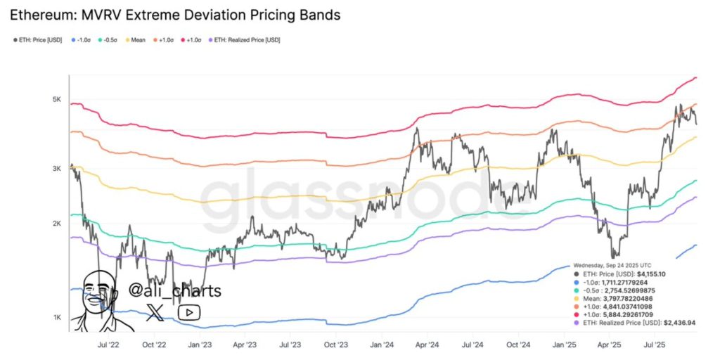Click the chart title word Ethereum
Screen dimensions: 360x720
pyautogui.click(x=43, y=14)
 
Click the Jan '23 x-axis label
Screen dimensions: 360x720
pyautogui.click(x=200, y=345)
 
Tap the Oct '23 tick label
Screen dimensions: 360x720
pyautogui.click(x=335, y=345)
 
